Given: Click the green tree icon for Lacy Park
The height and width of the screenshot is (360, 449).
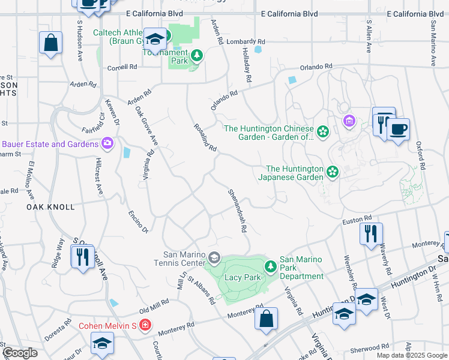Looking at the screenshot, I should click(x=271, y=265).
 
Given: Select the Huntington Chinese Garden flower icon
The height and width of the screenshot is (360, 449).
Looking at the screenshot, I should click(x=323, y=131).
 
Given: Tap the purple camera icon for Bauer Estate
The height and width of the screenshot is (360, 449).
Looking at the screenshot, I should click(x=107, y=143).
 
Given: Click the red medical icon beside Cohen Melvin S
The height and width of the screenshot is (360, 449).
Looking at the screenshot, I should click(x=144, y=326).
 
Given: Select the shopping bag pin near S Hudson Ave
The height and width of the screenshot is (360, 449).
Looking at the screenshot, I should click(x=51, y=43).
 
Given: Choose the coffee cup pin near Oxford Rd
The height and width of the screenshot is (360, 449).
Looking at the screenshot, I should click(x=398, y=129).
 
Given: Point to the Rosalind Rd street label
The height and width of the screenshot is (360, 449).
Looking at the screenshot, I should click(x=205, y=137).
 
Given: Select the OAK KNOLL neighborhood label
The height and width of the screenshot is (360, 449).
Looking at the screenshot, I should click(x=50, y=207).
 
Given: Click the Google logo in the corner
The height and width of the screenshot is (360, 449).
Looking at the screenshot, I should click(x=20, y=353).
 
